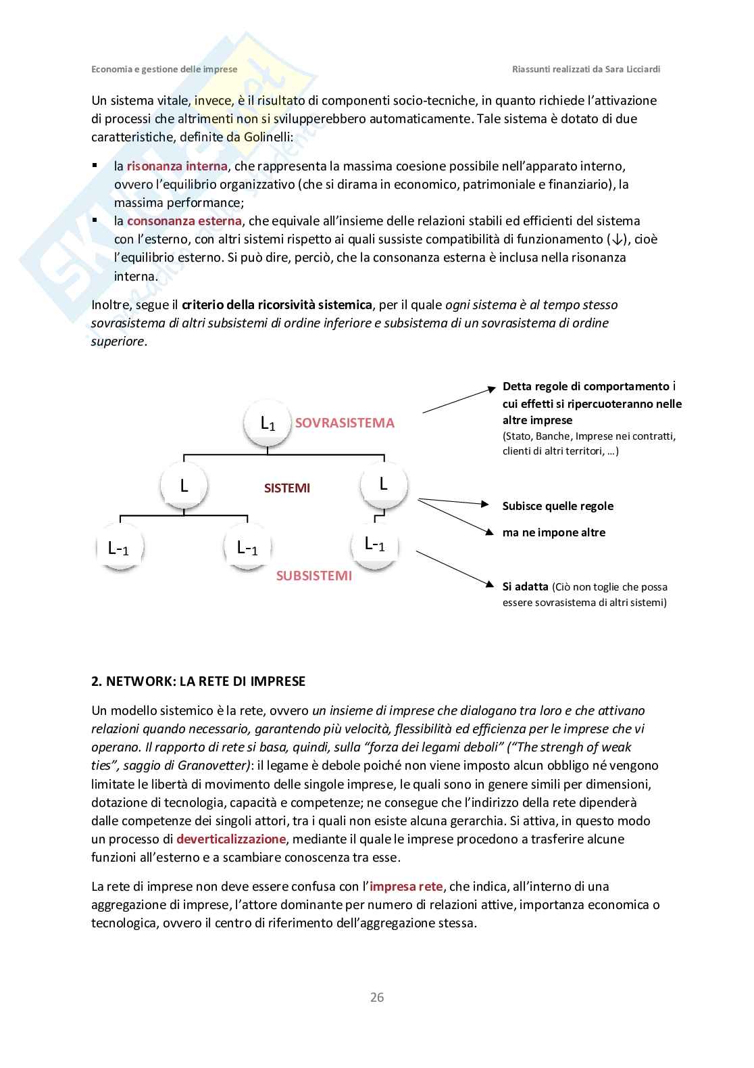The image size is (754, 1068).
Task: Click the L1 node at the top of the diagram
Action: point(268,423)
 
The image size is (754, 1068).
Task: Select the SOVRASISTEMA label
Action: point(345,423)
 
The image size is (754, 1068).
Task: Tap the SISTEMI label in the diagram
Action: point(287,488)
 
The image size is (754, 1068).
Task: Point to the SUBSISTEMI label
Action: point(313,576)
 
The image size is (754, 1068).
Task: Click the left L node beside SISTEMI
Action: point(184,485)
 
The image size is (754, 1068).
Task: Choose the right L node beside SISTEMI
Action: point(383,484)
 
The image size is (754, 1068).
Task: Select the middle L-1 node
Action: point(247,547)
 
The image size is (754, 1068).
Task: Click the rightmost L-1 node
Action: point(375,544)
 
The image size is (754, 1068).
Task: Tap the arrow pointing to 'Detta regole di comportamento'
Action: point(459,400)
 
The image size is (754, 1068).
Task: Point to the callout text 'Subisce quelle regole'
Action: point(558,506)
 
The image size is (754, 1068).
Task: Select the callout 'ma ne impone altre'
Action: point(554,532)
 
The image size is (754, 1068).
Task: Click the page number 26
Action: point(377,997)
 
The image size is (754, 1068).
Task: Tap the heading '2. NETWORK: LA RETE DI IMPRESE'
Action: point(199,681)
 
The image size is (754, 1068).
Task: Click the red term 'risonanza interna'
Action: point(177,166)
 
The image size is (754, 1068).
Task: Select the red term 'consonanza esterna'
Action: point(184,220)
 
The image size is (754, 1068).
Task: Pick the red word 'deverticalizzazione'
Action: point(231,839)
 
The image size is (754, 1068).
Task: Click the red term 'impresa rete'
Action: point(406,886)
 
